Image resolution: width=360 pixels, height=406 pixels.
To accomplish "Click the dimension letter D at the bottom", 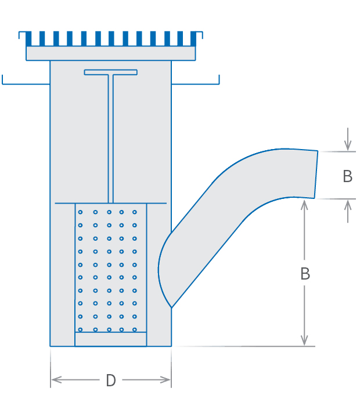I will [x=111, y=380].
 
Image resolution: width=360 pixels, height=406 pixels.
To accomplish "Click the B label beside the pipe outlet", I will [x=347, y=176].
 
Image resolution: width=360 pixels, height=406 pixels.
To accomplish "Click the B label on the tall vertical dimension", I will [x=305, y=274].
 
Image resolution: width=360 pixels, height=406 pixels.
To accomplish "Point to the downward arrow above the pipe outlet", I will [x=347, y=146].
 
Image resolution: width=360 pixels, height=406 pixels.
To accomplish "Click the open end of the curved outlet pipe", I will [x=316, y=175].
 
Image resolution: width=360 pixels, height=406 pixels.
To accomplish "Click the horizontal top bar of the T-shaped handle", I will [x=110, y=72].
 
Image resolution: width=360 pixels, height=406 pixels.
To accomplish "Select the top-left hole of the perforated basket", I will [x=80, y=212].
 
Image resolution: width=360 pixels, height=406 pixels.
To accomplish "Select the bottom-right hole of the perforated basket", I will [x=135, y=329].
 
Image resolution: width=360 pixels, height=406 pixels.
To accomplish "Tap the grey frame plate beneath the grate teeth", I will [x=110, y=53].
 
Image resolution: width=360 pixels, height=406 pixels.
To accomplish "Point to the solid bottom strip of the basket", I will [x=111, y=339].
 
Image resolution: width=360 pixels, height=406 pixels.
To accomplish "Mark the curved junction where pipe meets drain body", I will [x=164, y=267].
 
